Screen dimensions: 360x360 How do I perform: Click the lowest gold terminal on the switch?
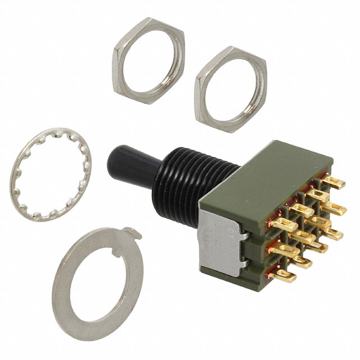tap(284, 275)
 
